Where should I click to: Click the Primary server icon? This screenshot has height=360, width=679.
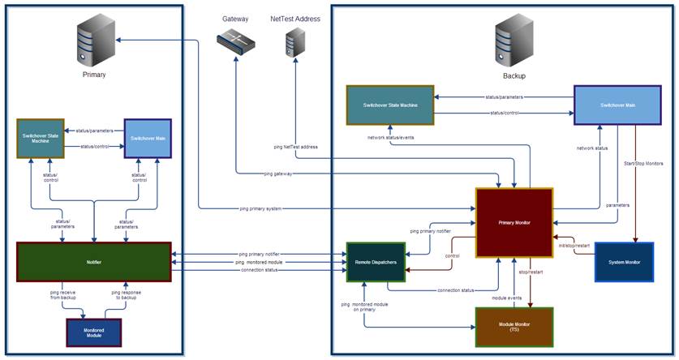tap(92, 45)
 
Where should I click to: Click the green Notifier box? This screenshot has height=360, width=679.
tap(93, 262)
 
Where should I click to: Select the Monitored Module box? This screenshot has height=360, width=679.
tap(93, 333)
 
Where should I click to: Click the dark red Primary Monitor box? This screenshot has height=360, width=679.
tap(514, 221)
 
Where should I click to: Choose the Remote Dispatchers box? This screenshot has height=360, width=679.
tap(376, 262)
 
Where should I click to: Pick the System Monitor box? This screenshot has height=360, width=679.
tap(623, 262)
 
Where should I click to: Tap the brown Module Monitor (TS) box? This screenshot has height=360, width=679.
tap(514, 327)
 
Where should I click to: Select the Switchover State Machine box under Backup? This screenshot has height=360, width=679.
tap(389, 105)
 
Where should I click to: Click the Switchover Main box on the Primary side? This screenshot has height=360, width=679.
tap(148, 138)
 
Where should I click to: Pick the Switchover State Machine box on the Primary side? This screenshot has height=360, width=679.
tap(40, 138)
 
